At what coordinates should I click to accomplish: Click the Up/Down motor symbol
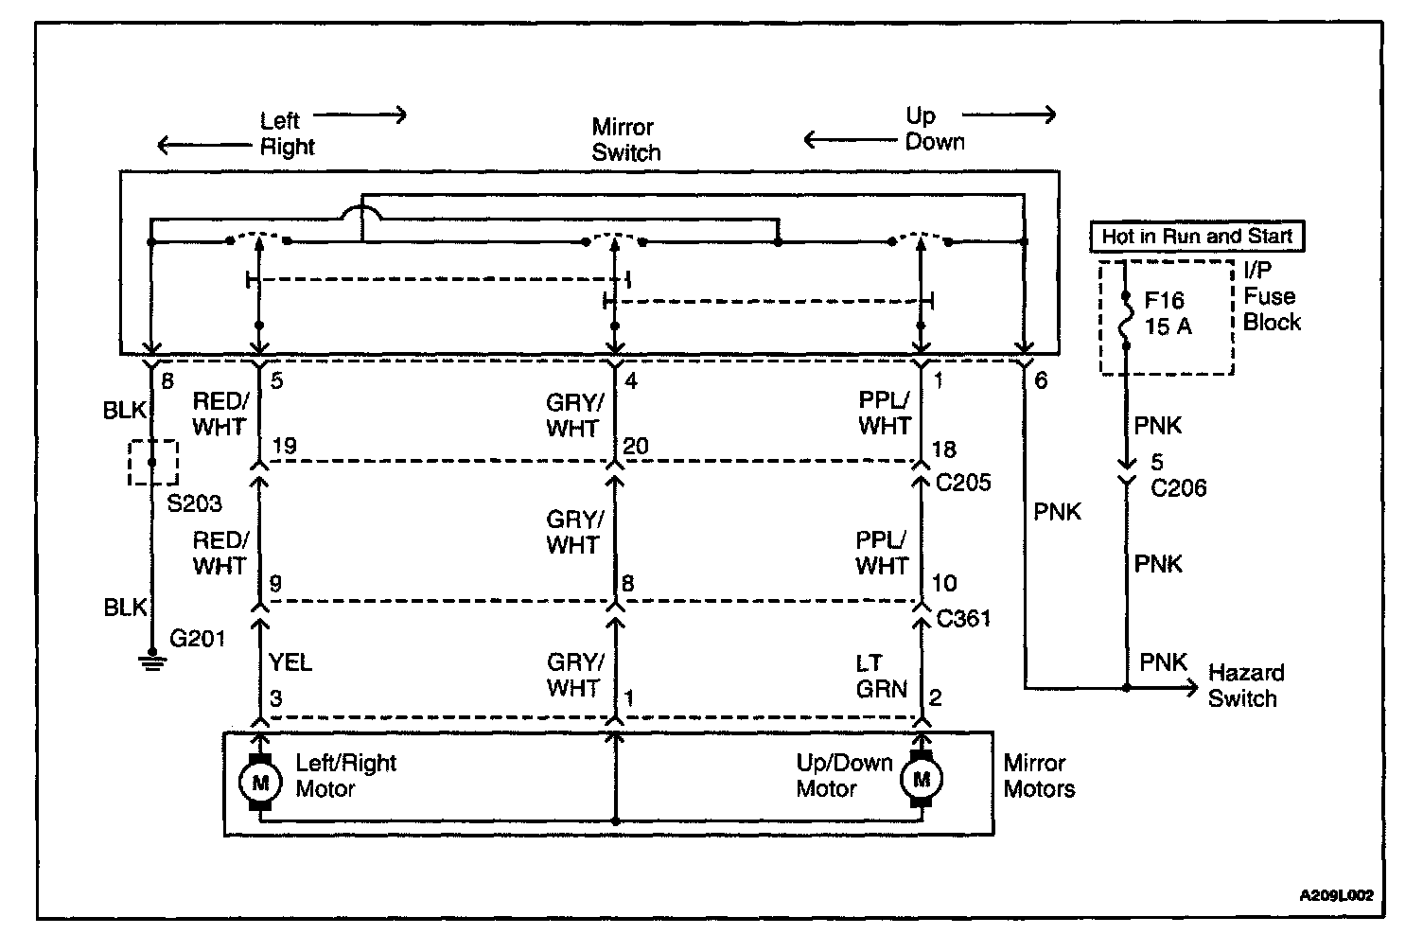tap(922, 780)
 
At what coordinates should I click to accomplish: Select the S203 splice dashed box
tap(152, 463)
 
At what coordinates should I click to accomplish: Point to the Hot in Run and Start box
tap(1197, 237)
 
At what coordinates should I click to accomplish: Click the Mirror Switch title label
tap(625, 140)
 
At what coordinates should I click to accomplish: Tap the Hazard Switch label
tap(1245, 686)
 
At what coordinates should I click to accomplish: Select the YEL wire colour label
tap(290, 662)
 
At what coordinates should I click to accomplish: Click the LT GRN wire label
tap(881, 676)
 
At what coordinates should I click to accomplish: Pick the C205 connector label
tap(963, 483)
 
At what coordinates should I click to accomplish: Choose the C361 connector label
tap(963, 619)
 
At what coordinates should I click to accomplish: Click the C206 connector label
tap(1178, 488)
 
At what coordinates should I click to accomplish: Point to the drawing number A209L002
tap(1335, 895)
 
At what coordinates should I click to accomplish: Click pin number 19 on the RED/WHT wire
tap(284, 447)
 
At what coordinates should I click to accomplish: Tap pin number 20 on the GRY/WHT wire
tap(636, 447)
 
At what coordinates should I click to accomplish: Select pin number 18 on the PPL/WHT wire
tap(943, 450)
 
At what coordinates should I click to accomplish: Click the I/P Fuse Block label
tap(1271, 296)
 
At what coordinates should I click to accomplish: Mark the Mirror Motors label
tap(1039, 776)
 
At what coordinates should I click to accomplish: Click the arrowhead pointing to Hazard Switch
tap(1191, 688)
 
